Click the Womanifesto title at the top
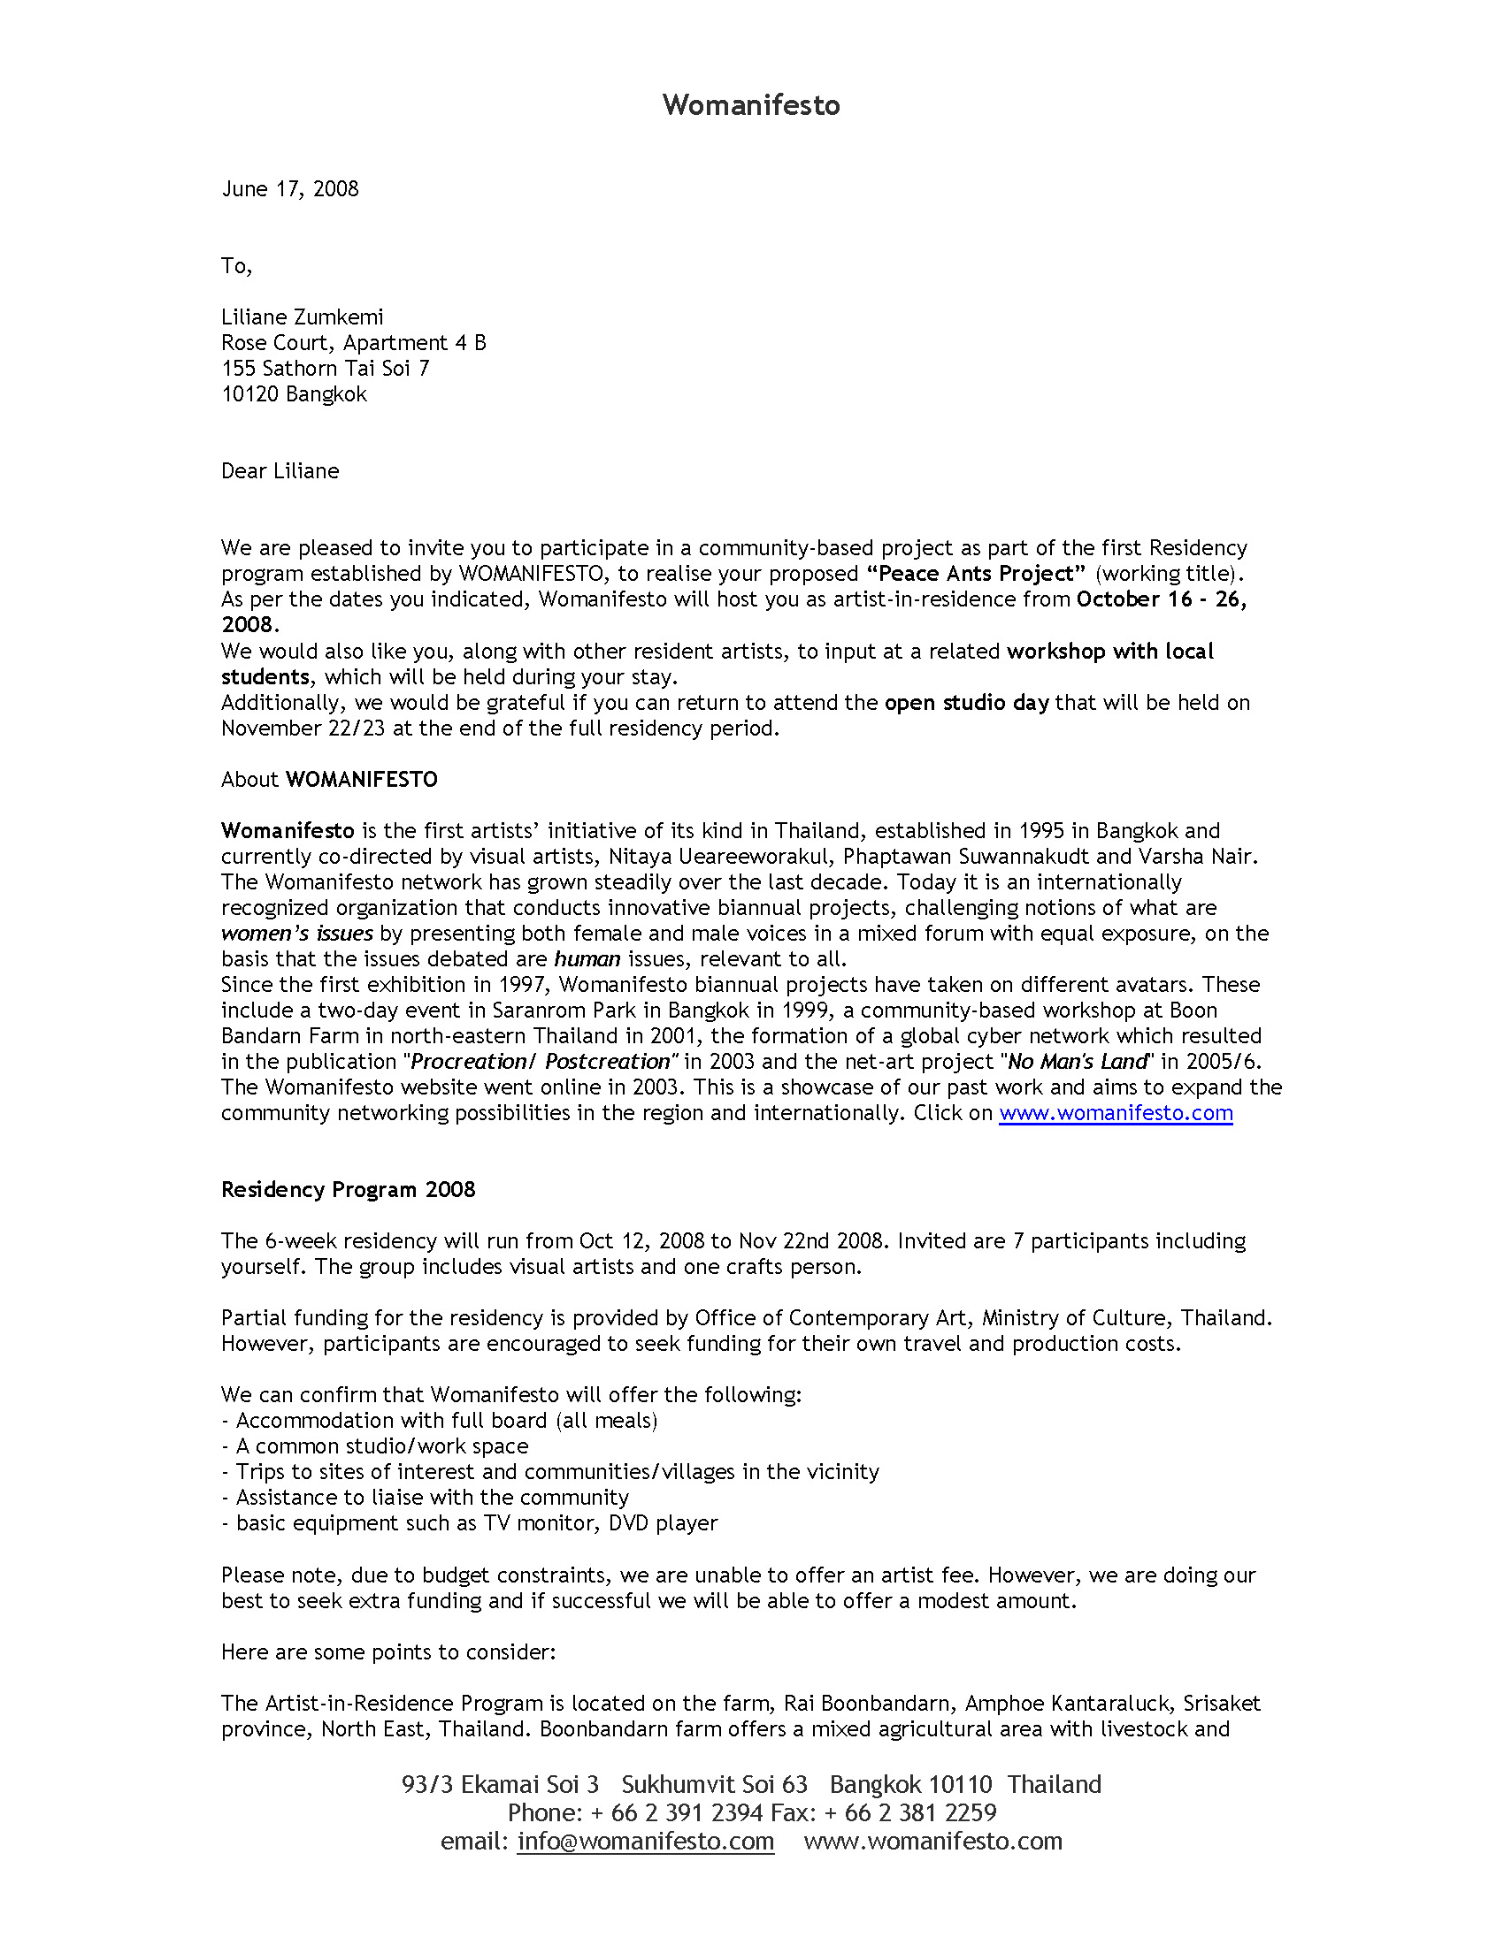(x=751, y=105)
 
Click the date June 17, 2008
(x=289, y=189)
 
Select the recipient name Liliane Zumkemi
(x=302, y=317)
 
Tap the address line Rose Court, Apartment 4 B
(x=353, y=343)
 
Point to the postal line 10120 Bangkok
(x=294, y=394)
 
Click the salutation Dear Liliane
(x=280, y=471)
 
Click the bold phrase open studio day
(x=967, y=703)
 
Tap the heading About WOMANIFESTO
(x=329, y=780)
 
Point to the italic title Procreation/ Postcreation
(x=540, y=1062)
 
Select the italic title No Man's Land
(x=1078, y=1062)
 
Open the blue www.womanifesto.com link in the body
(x=1116, y=1113)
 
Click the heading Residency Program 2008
(x=348, y=1190)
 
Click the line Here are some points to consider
(x=388, y=1652)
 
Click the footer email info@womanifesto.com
(x=645, y=1841)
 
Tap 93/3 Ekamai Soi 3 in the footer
(x=500, y=1784)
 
